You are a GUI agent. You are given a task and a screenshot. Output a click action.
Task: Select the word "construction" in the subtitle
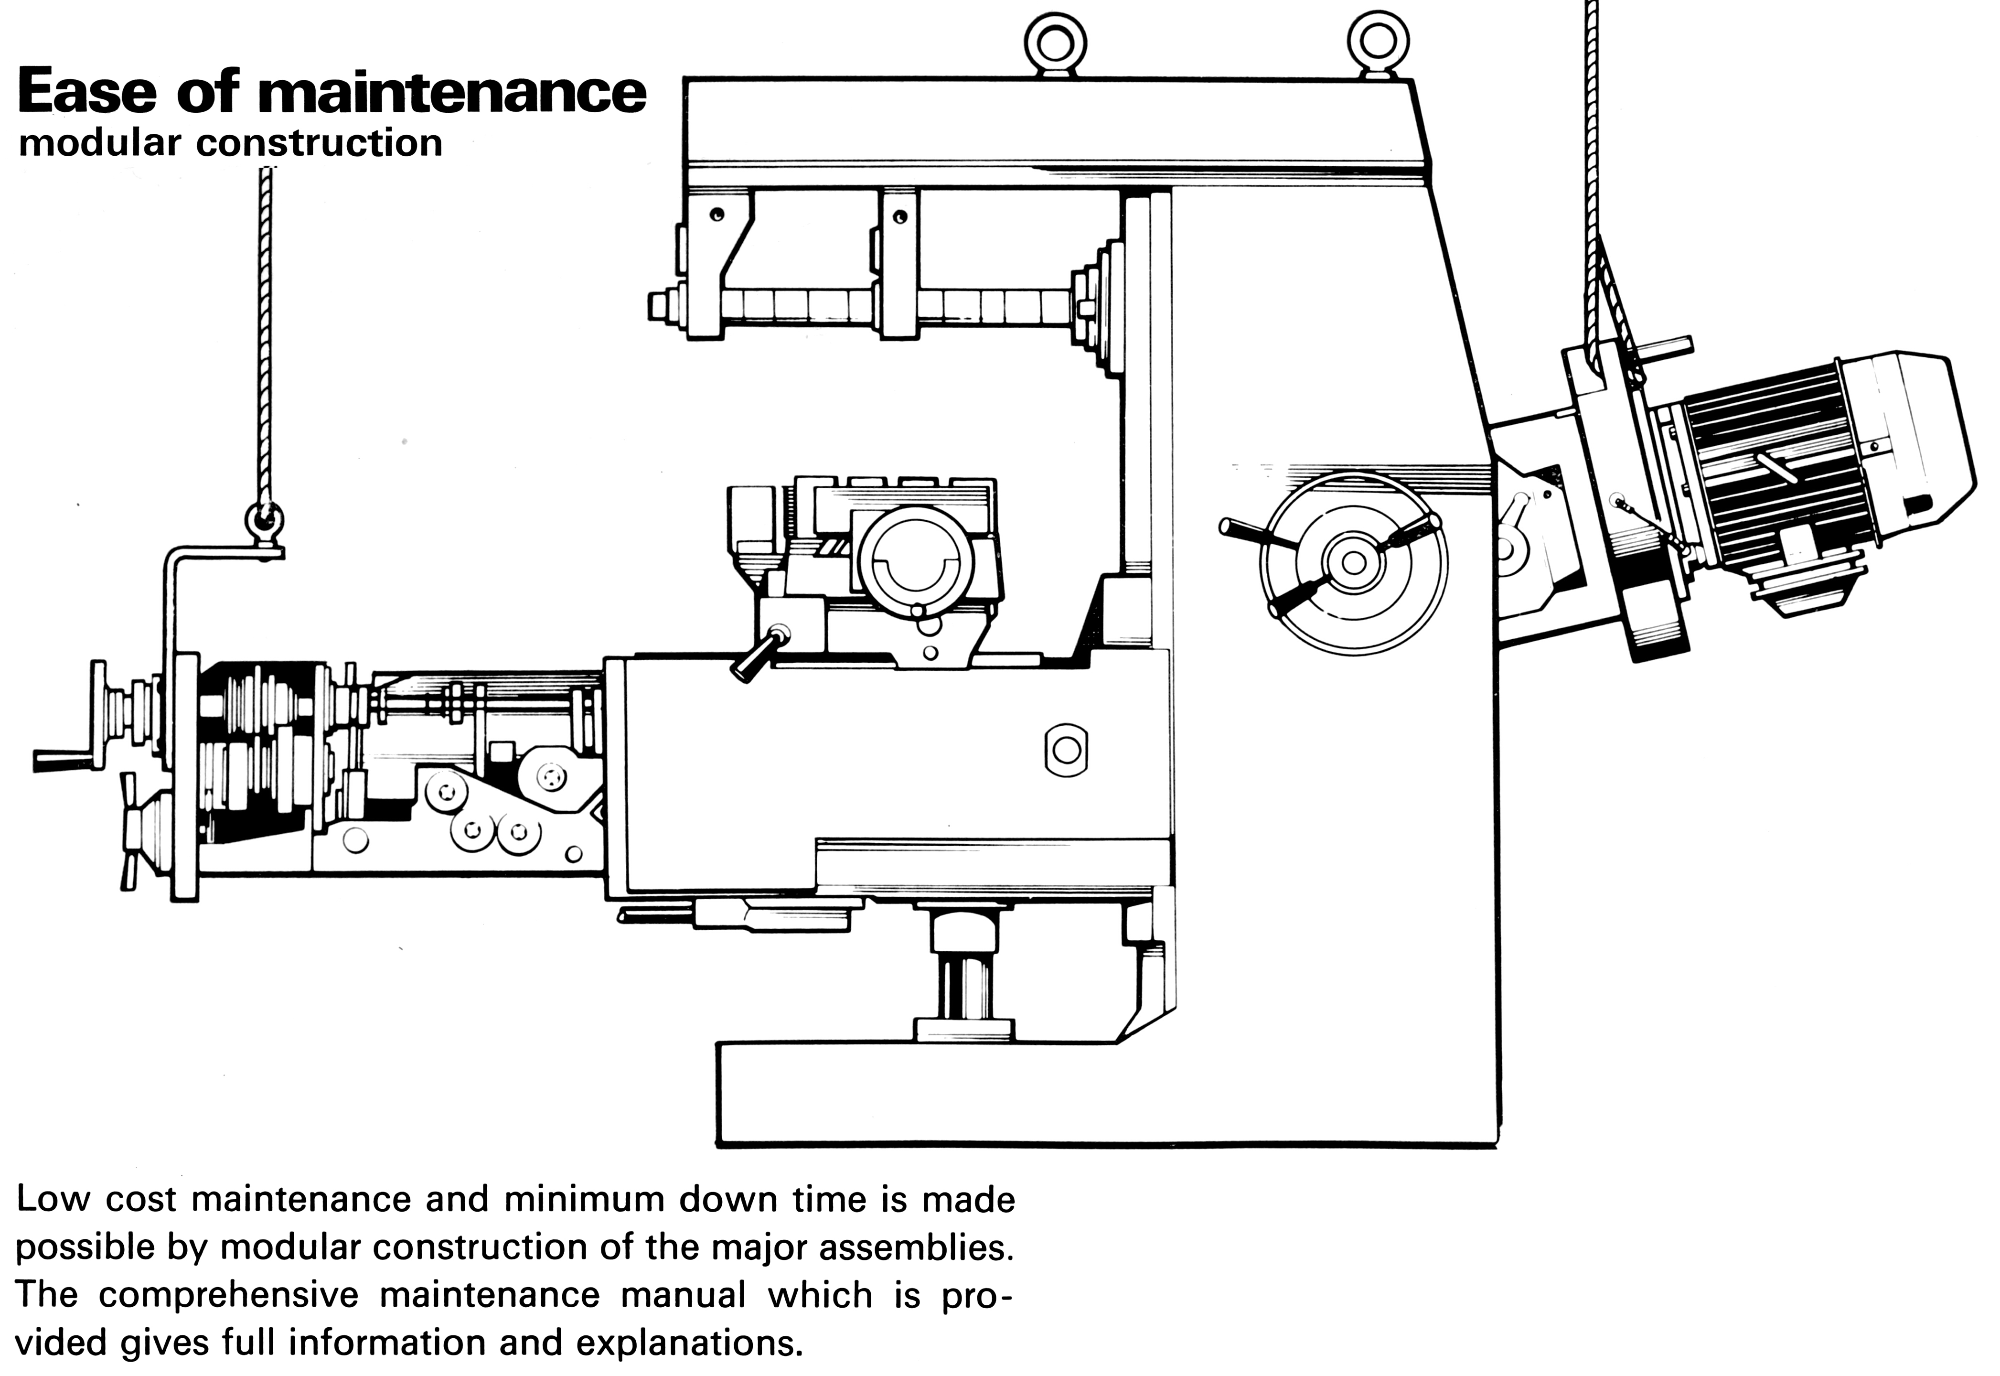(x=319, y=143)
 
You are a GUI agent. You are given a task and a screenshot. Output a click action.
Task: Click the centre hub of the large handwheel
(x=1353, y=563)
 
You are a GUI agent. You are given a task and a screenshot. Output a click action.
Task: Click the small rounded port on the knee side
(x=1066, y=750)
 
